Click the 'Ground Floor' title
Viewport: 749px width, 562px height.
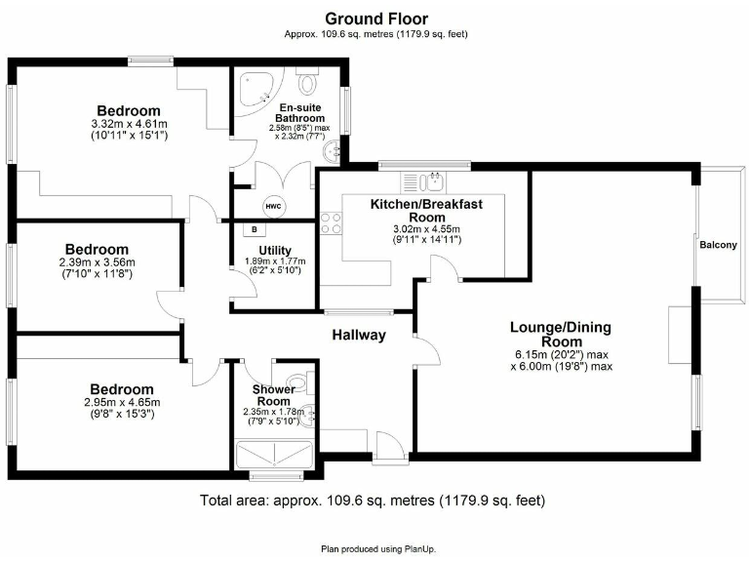click(375, 19)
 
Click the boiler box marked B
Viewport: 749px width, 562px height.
click(255, 230)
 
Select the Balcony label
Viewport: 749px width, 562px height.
click(717, 245)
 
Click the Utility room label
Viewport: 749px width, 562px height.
click(261, 250)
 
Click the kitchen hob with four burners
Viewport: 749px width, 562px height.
click(332, 222)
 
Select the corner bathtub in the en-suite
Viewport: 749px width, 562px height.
click(256, 89)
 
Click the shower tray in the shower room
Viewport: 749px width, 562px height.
click(275, 456)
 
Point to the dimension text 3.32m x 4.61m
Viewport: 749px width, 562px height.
click(129, 124)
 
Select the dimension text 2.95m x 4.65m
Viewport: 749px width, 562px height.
click(122, 402)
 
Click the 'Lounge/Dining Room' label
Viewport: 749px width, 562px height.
click(562, 335)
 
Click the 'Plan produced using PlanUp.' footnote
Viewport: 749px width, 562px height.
click(374, 548)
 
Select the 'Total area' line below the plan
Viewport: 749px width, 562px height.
click(372, 501)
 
